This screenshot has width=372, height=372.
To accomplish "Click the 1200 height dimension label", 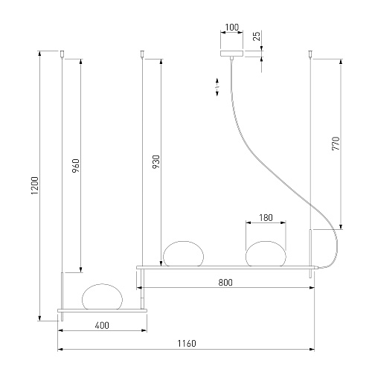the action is (35, 186).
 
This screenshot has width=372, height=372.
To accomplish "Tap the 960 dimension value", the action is (76, 166).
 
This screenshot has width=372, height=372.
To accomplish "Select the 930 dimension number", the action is (156, 162).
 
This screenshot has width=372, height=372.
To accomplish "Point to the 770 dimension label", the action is (336, 144).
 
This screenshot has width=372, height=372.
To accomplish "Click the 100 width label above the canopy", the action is (232, 27).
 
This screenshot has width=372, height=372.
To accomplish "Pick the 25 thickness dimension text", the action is (257, 36).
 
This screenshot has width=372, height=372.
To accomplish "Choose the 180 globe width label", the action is (266, 218).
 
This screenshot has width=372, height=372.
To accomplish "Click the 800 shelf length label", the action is (225, 283).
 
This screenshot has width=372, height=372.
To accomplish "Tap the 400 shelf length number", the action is (102, 325).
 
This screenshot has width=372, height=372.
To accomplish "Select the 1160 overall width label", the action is (187, 344).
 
